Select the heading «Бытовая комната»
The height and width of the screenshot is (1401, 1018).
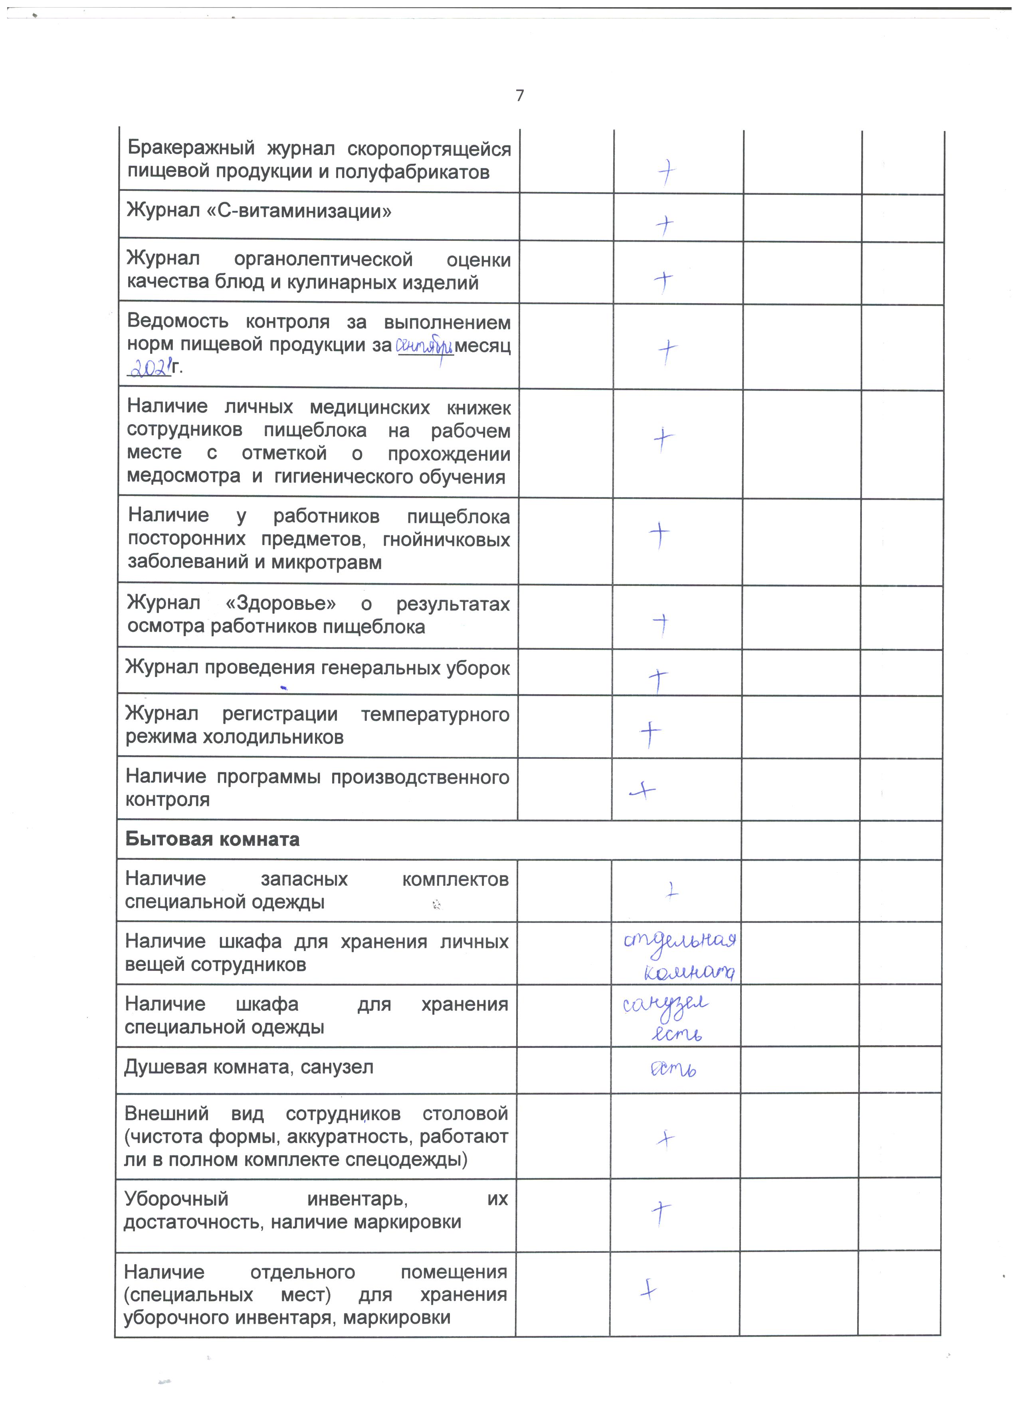click(212, 839)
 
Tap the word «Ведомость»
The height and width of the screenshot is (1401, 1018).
click(178, 322)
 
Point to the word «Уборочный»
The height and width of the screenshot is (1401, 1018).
click(176, 1199)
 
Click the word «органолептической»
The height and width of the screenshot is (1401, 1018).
click(323, 260)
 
